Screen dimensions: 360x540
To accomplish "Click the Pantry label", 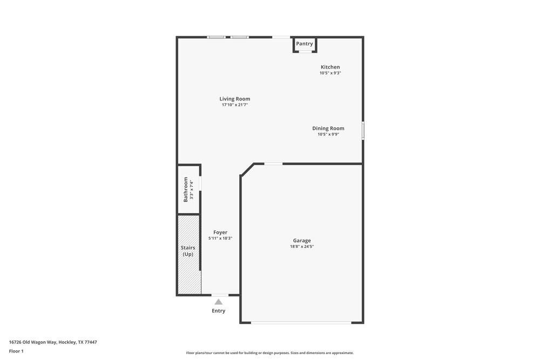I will pyautogui.click(x=305, y=44).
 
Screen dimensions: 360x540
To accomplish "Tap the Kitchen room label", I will pyautogui.click(x=330, y=67).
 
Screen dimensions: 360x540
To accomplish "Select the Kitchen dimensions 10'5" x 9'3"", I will pyautogui.click(x=330, y=73).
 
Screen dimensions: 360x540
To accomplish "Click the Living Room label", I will pyautogui.click(x=235, y=99).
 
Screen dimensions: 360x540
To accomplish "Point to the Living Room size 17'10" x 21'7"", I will pyautogui.click(x=235, y=105).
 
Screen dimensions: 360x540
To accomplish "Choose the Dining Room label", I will pyautogui.click(x=328, y=128).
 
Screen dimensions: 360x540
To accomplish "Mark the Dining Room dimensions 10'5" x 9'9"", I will pyautogui.click(x=328, y=134).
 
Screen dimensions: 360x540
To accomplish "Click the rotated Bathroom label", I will pyautogui.click(x=186, y=189).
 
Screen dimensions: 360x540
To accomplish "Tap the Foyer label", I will pyautogui.click(x=220, y=232).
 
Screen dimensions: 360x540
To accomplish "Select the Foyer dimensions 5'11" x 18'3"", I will pyautogui.click(x=220, y=238).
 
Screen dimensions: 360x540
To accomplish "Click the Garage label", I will pyautogui.click(x=302, y=240).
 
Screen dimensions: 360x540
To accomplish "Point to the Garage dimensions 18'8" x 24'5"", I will pyautogui.click(x=302, y=247).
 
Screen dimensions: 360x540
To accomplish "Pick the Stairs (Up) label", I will pyautogui.click(x=188, y=251).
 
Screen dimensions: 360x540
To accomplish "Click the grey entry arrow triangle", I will pyautogui.click(x=219, y=302).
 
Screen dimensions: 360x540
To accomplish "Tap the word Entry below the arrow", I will pyautogui.click(x=219, y=311).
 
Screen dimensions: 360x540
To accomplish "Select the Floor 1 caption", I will pyautogui.click(x=16, y=351).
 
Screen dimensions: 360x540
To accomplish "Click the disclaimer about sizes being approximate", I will pyautogui.click(x=270, y=353).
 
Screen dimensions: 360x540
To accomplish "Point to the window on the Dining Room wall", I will pyautogui.click(x=363, y=131).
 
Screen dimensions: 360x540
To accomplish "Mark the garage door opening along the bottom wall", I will pyautogui.click(x=301, y=323).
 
